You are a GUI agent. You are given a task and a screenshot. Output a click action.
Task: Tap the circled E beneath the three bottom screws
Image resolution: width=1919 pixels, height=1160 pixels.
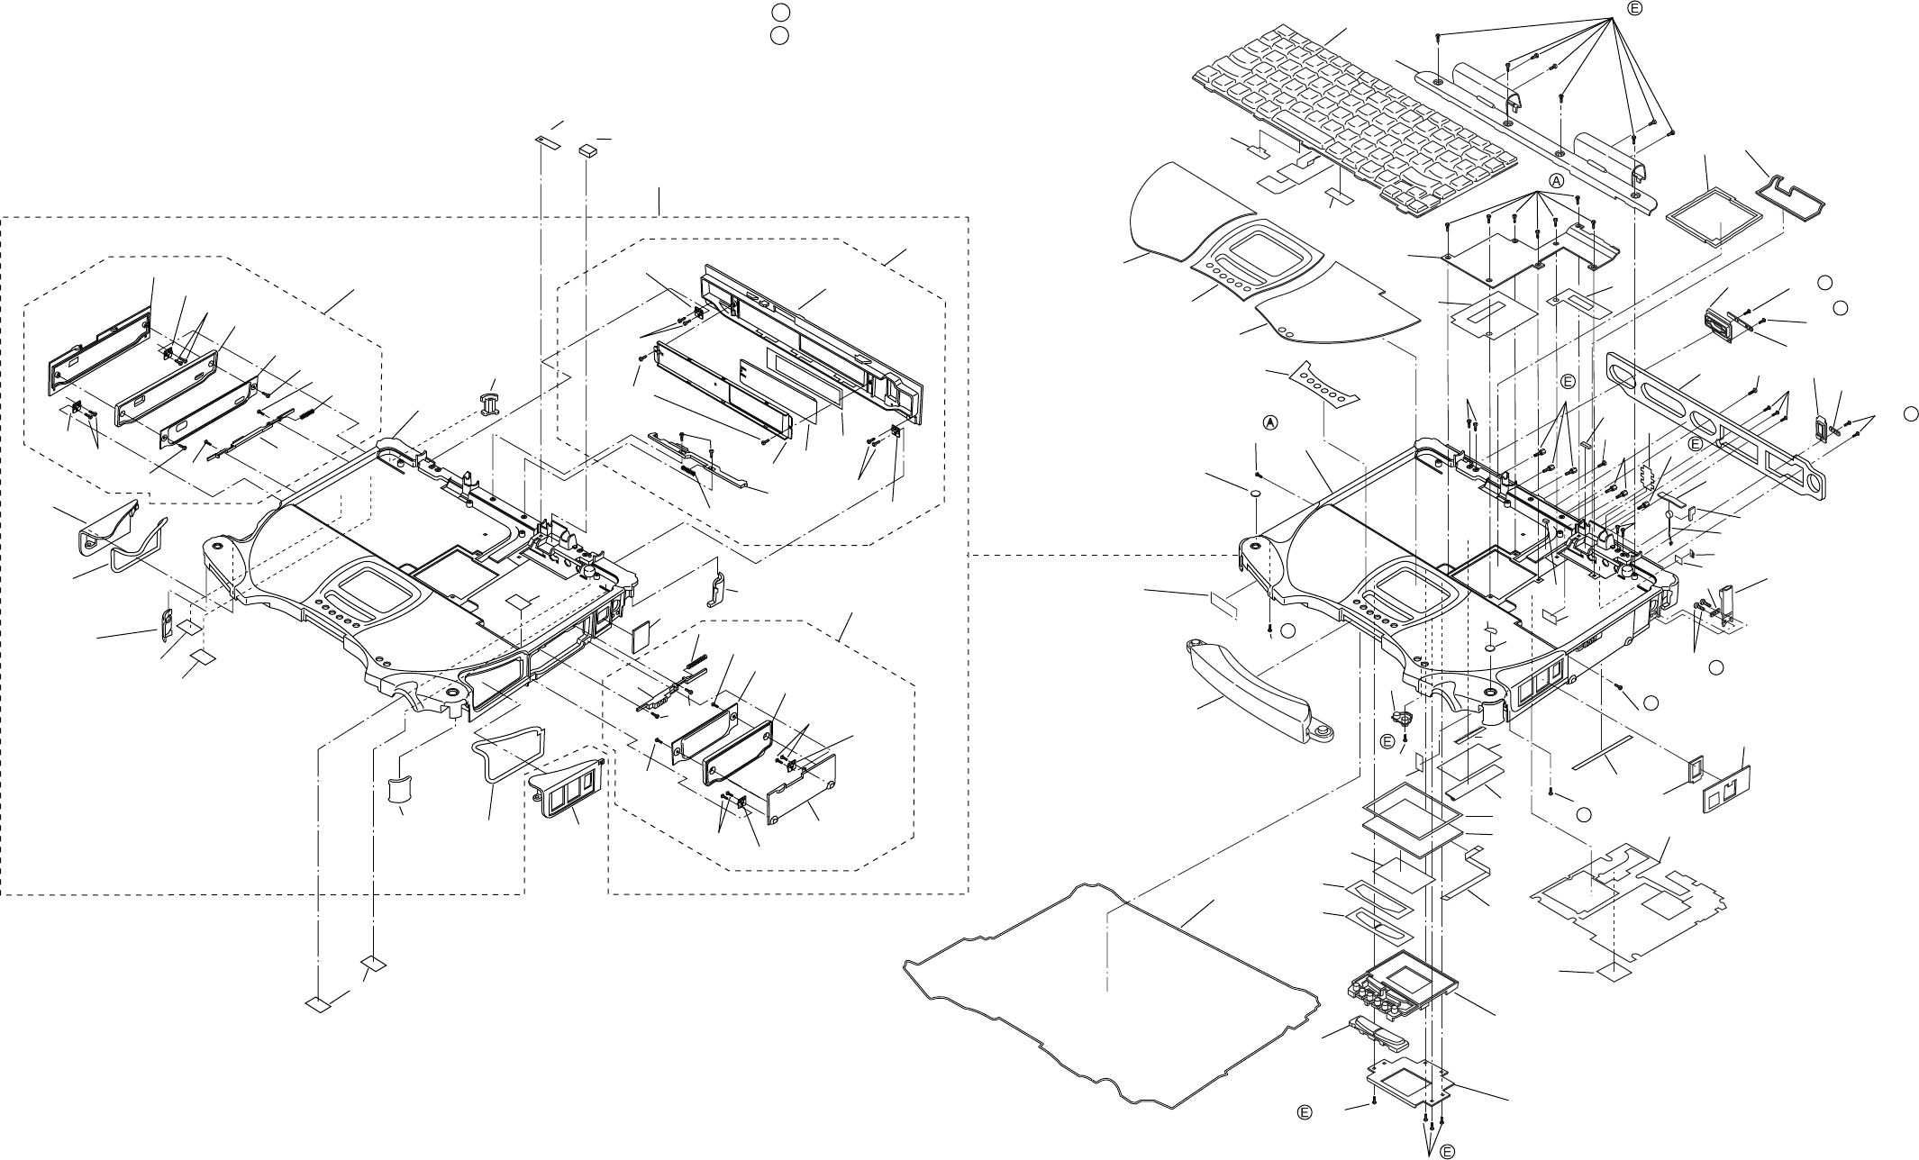1446,1150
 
